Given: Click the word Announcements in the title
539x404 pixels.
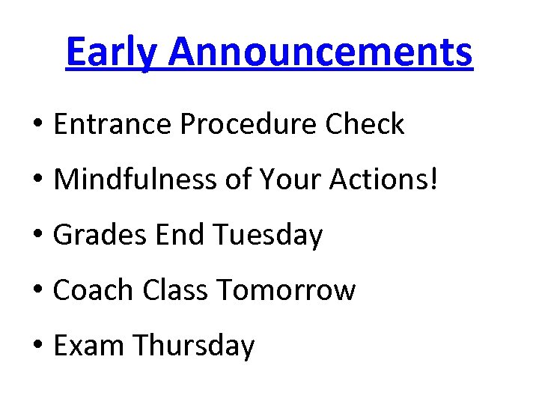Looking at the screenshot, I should pos(321,52).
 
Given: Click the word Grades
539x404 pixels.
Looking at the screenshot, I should pos(101,235).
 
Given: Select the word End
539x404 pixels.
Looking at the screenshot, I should pos(180,235).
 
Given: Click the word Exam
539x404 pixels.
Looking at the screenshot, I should pos(89,346).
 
